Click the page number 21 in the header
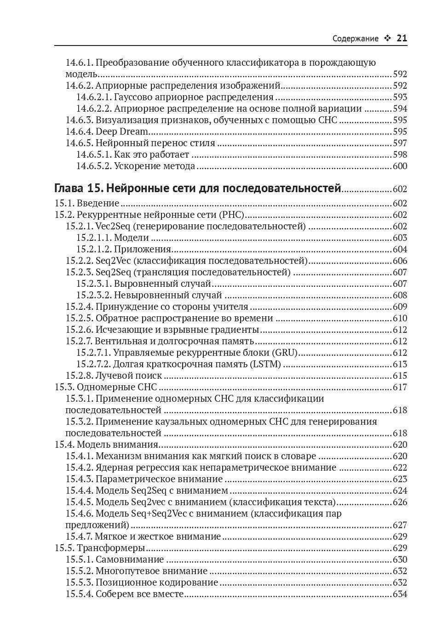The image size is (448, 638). [402, 39]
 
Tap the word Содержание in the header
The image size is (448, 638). [356, 39]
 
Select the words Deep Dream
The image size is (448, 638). [122, 132]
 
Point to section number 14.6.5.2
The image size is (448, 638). [93, 166]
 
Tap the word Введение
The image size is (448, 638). [98, 203]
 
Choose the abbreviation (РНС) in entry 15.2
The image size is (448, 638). [232, 215]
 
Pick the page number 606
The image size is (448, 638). [400, 261]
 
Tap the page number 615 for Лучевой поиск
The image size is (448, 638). [400, 376]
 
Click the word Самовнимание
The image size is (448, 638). [130, 559]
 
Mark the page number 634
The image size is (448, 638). [400, 594]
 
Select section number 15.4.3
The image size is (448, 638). [79, 479]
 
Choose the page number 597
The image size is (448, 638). [400, 143]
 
